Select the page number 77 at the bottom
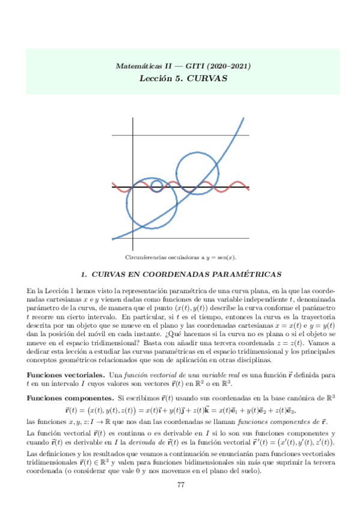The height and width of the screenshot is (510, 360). pyautogui.click(x=180, y=485)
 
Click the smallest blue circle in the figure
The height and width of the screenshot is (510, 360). pyautogui.click(x=157, y=184)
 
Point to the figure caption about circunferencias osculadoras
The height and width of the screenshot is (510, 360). pyautogui.click(x=180, y=257)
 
